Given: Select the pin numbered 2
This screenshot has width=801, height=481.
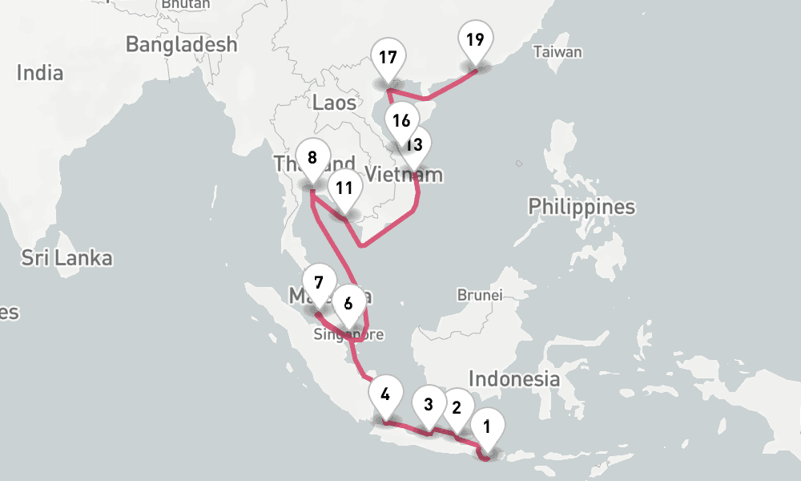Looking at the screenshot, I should point(457,406).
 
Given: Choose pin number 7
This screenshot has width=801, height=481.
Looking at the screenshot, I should point(319,282).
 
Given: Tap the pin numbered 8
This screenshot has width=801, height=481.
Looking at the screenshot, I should point(312,157).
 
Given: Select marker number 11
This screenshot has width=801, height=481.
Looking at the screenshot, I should point(344,188).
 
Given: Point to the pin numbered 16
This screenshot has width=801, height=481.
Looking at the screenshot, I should point(401,120).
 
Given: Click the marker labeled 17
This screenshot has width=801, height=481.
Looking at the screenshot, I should point(389,58).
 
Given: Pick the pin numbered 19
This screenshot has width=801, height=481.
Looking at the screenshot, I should point(475,38).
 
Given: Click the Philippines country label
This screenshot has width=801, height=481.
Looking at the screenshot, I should point(582,207).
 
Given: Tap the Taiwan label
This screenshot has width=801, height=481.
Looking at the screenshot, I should point(557,52).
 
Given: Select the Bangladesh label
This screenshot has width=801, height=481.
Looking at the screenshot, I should point(182,44).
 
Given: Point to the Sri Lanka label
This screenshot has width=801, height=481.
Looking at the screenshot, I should point(66,258).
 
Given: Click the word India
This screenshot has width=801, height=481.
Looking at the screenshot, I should point(40,73).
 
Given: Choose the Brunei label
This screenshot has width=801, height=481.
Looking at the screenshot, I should point(479,295).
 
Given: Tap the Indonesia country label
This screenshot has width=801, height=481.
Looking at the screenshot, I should point(514,378).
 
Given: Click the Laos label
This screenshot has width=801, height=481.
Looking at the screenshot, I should point(334,102).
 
